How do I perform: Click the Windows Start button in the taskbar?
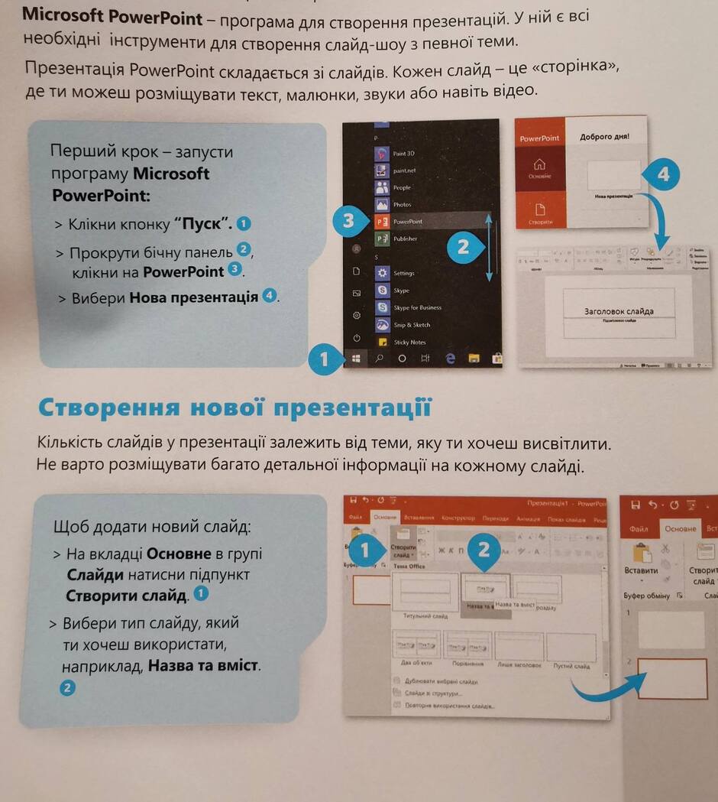tap(356, 357)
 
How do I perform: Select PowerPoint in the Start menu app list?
tap(407, 221)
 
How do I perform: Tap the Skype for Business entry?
tap(417, 307)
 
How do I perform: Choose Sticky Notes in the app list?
tap(409, 342)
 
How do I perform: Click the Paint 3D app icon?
tap(383, 153)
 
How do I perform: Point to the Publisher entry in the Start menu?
tap(405, 239)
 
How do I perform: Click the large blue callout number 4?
tap(662, 174)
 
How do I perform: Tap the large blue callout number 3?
tap(348, 222)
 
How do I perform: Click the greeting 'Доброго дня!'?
tap(605, 138)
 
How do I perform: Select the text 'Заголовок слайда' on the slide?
tap(619, 311)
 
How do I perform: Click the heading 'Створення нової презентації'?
tap(234, 407)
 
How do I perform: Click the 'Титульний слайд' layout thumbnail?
tap(424, 593)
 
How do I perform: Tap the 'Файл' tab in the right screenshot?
tap(639, 528)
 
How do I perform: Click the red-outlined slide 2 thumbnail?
tap(672, 678)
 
